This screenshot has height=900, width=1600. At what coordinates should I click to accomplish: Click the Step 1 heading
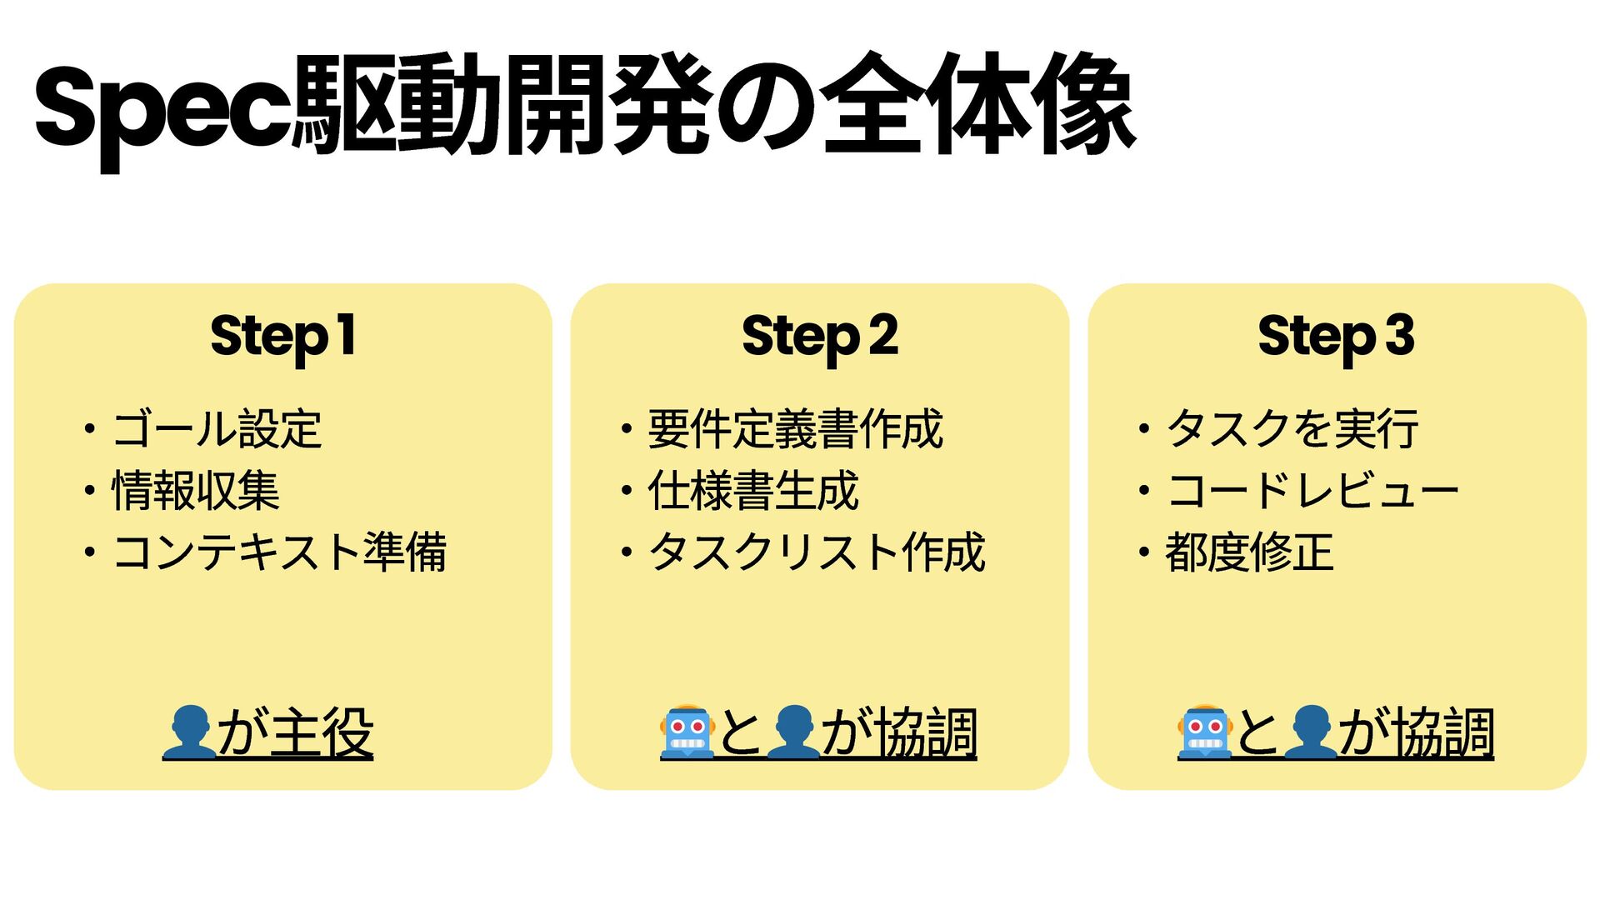[x=283, y=336]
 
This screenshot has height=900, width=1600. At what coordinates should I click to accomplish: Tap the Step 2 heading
[x=820, y=336]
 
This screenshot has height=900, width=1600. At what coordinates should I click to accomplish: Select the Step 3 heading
[x=1336, y=336]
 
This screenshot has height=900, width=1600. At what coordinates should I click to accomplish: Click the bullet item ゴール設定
[x=217, y=430]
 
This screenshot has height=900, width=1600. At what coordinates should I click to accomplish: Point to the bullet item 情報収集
[x=196, y=491]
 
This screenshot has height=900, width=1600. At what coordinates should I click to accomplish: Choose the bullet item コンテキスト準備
[x=280, y=552]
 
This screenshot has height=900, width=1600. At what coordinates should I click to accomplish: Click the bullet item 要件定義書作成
[x=795, y=430]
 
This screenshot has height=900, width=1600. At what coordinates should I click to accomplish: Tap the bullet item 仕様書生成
[x=753, y=491]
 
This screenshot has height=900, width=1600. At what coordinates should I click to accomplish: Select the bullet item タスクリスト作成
[x=817, y=552]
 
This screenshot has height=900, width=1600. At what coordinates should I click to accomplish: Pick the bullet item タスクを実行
[x=1292, y=430]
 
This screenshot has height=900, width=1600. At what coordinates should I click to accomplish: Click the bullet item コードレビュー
[x=1312, y=491]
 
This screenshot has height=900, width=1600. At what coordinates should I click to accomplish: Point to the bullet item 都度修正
[x=1249, y=552]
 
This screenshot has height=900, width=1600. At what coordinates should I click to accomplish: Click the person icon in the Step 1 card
[x=189, y=732]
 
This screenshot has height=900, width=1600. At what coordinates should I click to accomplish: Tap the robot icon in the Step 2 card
[x=687, y=732]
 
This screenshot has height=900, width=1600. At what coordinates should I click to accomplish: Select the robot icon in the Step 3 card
[x=1205, y=732]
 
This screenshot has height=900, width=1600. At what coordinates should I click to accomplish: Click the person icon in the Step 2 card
[x=792, y=732]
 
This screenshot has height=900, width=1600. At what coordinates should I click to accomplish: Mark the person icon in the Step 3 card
[x=1311, y=732]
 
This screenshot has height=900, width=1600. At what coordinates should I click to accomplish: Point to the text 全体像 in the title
[x=979, y=105]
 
